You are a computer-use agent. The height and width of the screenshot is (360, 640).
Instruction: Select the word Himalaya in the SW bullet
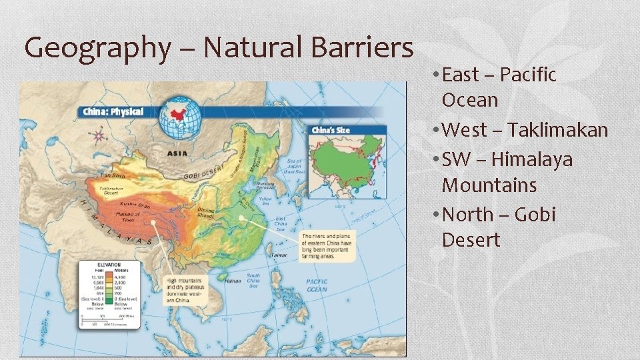540,160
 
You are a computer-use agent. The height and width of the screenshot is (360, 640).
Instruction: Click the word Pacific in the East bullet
527,75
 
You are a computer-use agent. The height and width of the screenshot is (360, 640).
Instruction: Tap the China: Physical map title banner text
113,111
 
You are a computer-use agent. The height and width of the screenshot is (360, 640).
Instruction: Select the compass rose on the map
99,137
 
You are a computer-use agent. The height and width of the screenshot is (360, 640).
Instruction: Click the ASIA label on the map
177,153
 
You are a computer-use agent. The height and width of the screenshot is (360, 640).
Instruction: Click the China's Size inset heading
331,130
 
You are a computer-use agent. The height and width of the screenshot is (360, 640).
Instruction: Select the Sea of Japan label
294,165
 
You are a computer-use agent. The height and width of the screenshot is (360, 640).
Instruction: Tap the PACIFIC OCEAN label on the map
316,285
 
